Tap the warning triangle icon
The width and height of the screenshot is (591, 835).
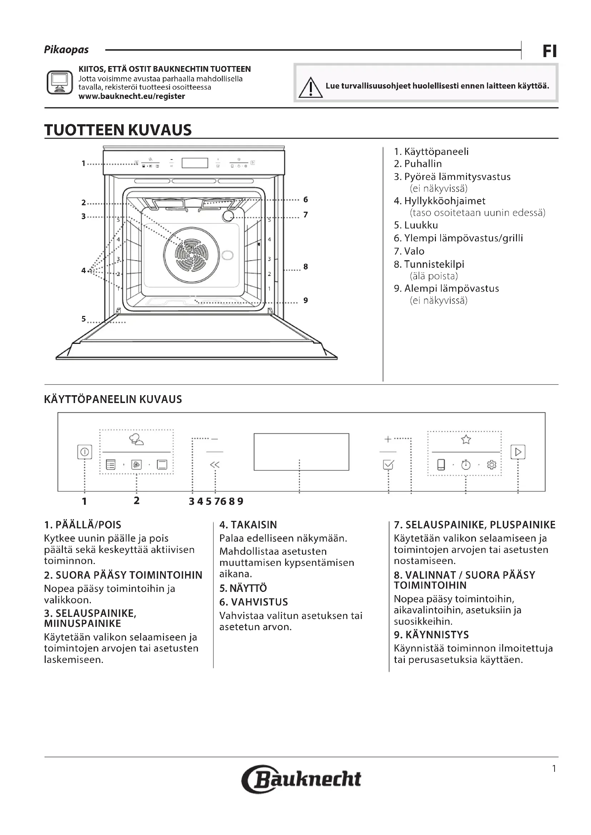coord(311,88)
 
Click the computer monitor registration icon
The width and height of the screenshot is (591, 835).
coord(60,82)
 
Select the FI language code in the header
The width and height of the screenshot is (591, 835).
coord(550,51)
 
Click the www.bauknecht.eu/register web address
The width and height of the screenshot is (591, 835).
coord(132,96)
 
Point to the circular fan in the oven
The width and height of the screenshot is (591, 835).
coord(192,255)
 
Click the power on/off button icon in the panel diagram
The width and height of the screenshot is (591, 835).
coord(84,452)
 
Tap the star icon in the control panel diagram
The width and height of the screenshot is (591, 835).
coord(466,440)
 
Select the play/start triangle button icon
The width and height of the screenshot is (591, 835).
coord(518,452)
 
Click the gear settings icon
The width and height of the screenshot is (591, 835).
coord(492,465)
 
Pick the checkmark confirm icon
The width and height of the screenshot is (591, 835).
coord(388,465)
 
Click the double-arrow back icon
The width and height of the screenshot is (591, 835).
coord(215,465)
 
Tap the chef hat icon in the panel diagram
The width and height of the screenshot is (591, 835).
coord(136,440)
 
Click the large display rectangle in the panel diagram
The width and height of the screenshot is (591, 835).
coord(301,452)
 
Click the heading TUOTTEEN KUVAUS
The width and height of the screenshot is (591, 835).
coord(118,130)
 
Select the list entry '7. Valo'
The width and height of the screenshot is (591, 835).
coord(409,251)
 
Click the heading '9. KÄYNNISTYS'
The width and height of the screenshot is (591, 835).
coord(431,635)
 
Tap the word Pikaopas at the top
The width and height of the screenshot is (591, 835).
coord(66,50)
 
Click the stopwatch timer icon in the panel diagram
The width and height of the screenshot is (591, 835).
coord(466,465)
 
